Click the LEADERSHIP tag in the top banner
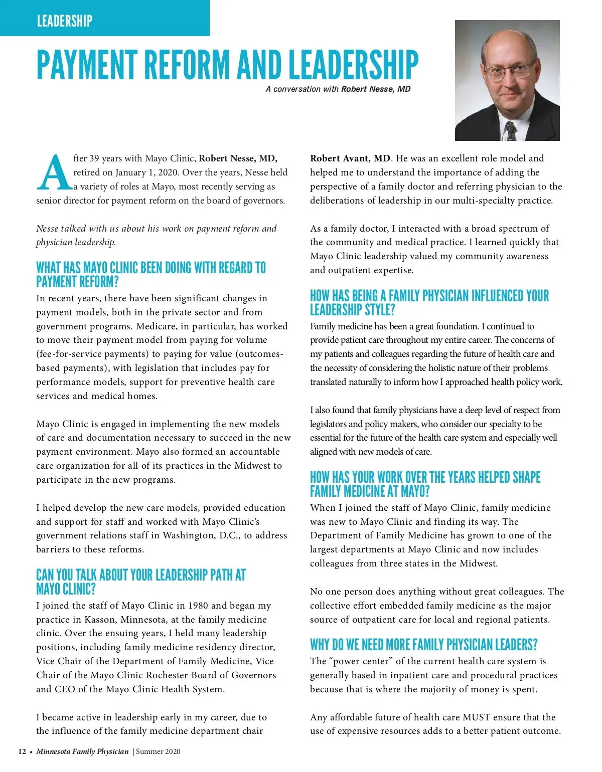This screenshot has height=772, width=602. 65,21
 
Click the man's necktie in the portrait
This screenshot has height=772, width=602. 510,130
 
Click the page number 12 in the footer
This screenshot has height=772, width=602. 22,751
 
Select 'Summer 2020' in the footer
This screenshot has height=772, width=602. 158,751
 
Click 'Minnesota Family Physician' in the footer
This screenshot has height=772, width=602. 82,751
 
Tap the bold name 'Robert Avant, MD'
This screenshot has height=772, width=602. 350,158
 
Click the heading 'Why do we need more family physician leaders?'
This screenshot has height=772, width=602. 423,644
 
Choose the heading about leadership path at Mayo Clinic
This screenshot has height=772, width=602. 140,582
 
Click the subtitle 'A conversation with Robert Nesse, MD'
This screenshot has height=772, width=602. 338,89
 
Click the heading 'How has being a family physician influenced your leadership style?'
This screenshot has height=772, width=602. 429,302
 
